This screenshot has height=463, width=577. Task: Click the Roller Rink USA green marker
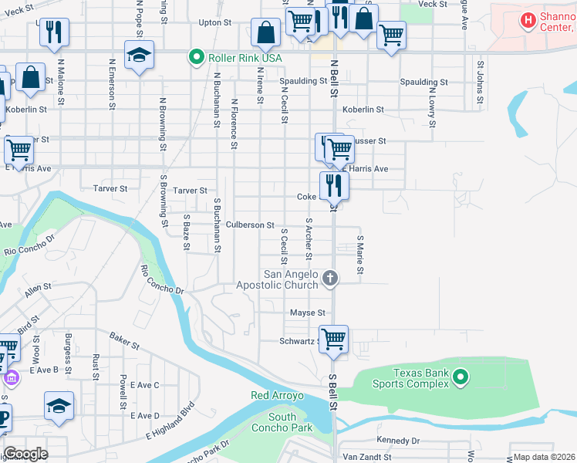pos(196,57)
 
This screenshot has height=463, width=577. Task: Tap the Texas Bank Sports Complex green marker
pos(461,377)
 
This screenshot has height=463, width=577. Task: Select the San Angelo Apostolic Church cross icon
pos(330,278)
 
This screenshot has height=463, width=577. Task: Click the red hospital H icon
pos(528,20)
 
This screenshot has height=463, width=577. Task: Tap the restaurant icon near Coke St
pos(334,185)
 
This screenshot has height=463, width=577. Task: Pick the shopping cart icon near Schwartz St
pos(334,340)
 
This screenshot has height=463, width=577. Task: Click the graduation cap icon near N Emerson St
pos(140,56)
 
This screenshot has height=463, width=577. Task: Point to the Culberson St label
pos(250,225)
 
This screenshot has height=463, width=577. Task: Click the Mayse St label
pos(307,313)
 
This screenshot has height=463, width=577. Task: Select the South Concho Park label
pos(282,422)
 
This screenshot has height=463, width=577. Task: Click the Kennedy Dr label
pos(398,441)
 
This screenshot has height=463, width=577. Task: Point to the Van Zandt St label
pos(367,457)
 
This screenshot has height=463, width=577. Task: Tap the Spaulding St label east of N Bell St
pos(423,82)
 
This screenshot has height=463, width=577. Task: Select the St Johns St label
pos(480,83)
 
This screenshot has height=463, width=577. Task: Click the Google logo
pos(25,454)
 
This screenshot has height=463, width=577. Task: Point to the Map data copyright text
pos(545,457)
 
